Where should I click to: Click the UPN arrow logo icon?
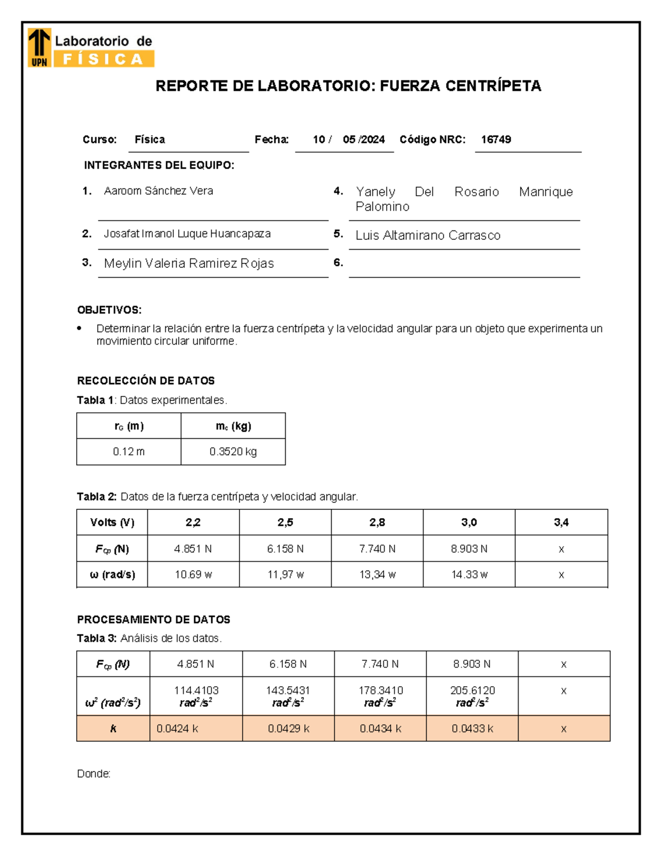pyautogui.click(x=39, y=47)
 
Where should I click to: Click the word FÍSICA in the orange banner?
pyautogui.click(x=103, y=59)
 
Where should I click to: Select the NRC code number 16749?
pyautogui.click(x=495, y=139)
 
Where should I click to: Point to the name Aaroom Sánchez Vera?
pyautogui.click(x=158, y=191)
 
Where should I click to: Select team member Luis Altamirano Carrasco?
pyautogui.click(x=428, y=235)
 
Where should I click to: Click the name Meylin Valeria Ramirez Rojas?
pyautogui.click(x=189, y=263)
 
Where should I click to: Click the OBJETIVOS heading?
pyautogui.click(x=109, y=310)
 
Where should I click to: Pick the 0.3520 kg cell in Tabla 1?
pyautogui.click(x=233, y=451)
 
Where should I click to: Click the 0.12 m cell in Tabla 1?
pyautogui.click(x=129, y=451)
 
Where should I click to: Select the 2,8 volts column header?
pyautogui.click(x=377, y=522)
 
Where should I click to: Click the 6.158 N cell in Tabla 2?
pyautogui.click(x=285, y=549)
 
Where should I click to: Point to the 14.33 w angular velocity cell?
pyautogui.click(x=469, y=574)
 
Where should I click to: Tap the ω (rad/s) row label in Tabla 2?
pyautogui.click(x=112, y=574)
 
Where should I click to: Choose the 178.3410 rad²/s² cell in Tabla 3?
pyautogui.click(x=380, y=696)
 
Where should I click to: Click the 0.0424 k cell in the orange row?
pyautogui.click(x=177, y=729)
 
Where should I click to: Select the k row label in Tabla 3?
pyautogui.click(x=113, y=729)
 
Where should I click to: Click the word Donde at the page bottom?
pyautogui.click(x=93, y=773)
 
